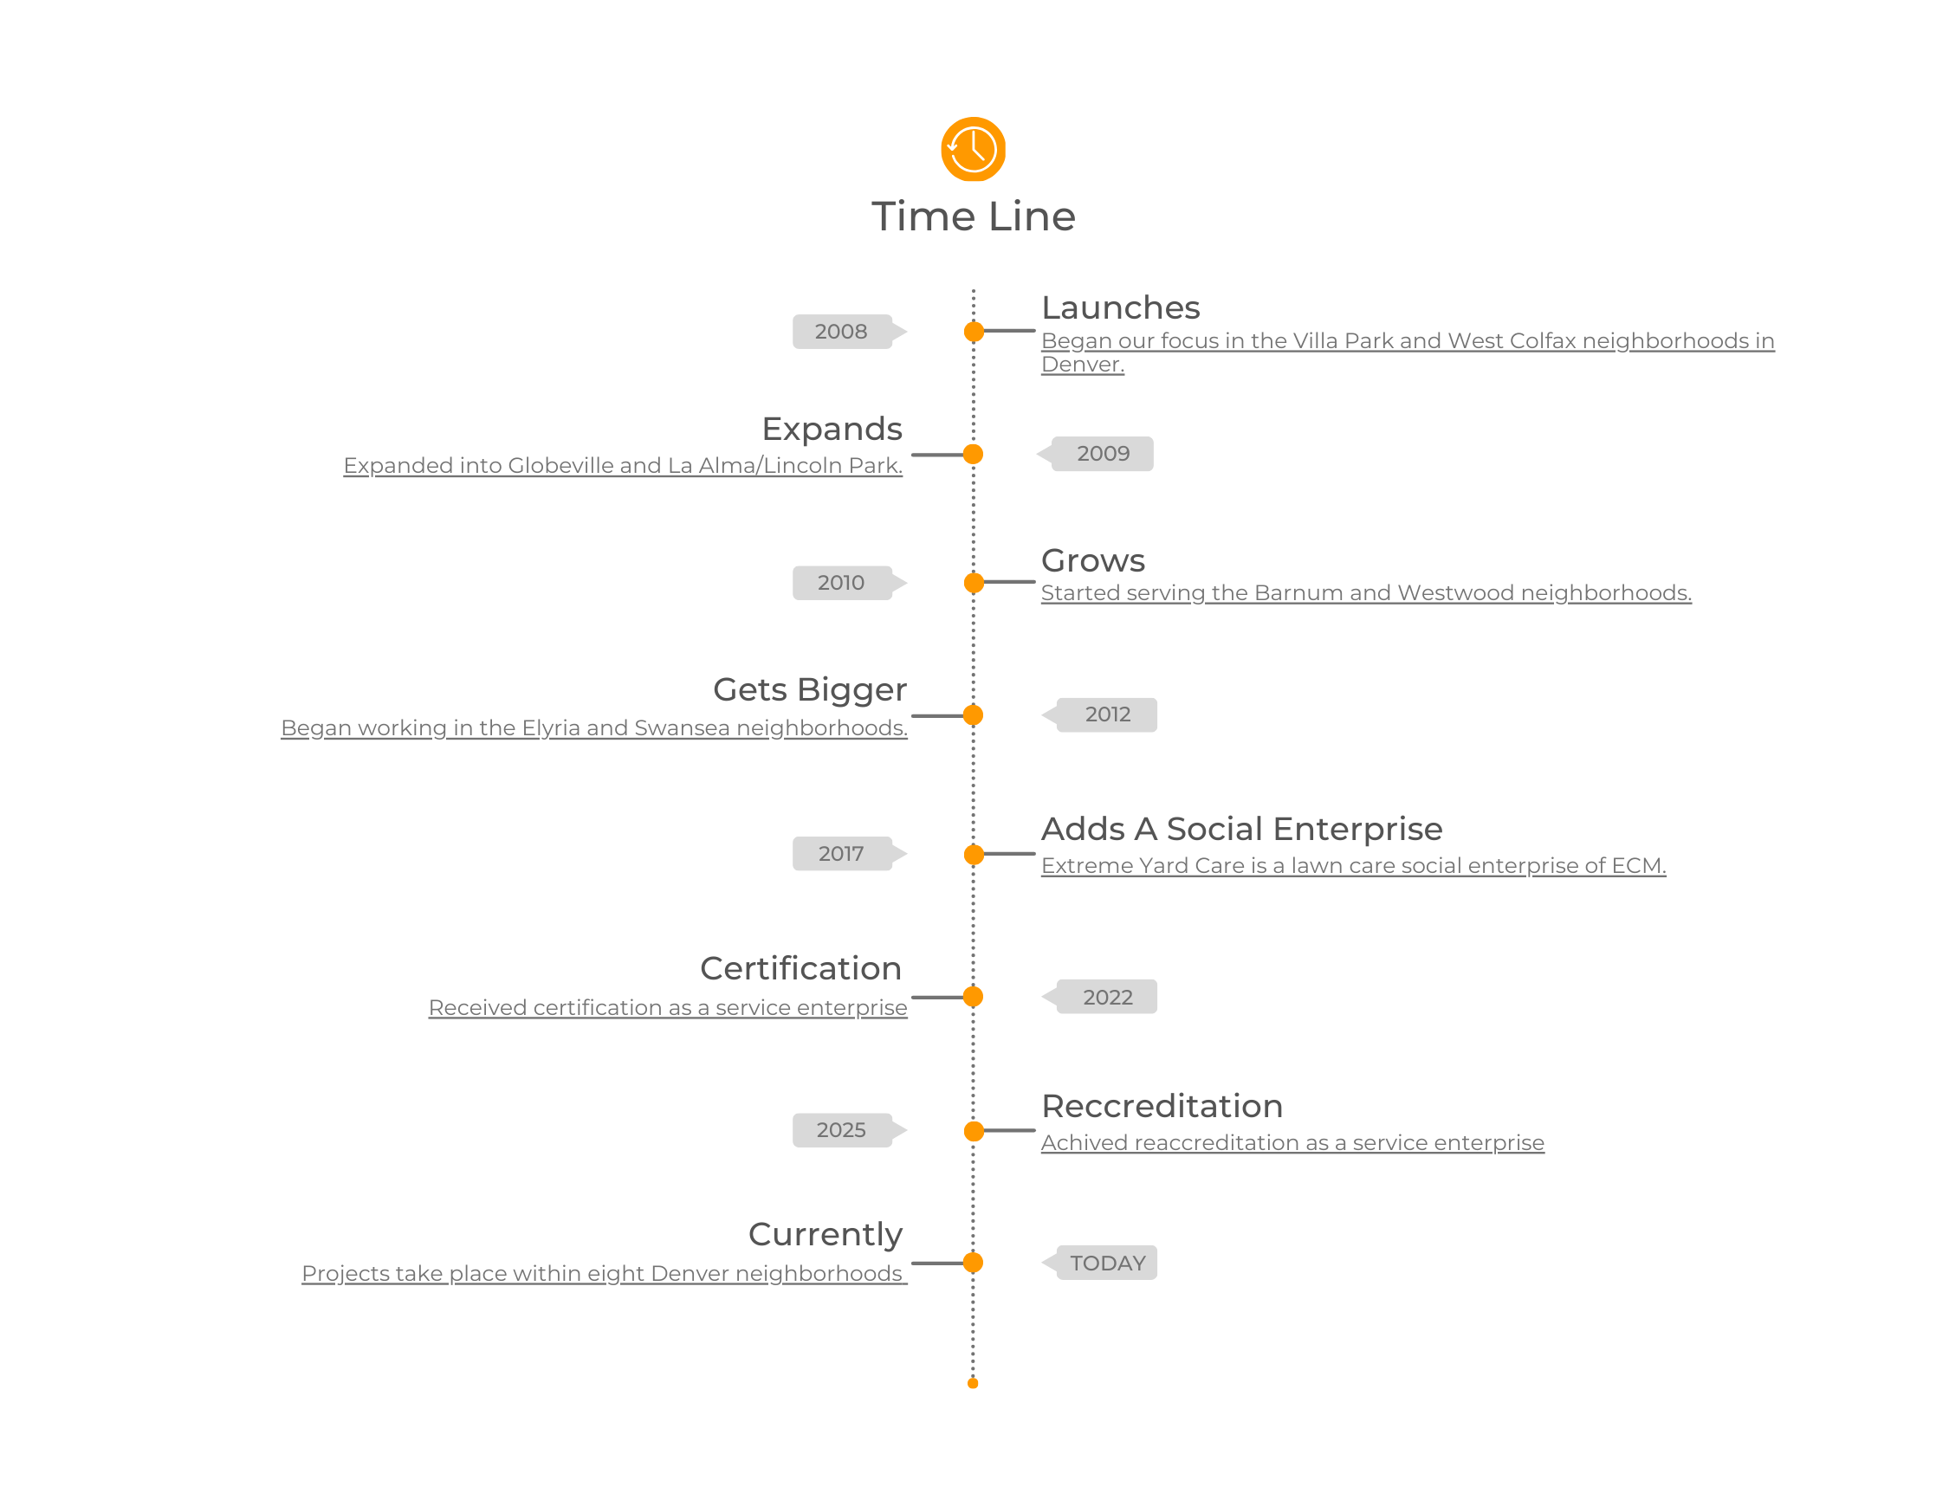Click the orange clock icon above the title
[x=973, y=149]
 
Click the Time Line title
[x=973, y=217]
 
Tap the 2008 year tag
[x=841, y=332]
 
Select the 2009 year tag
[x=1103, y=454]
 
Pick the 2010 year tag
[x=841, y=583]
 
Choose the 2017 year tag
[x=841, y=854]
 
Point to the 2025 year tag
[x=841, y=1129]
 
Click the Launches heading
[x=1120, y=307]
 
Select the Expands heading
[x=832, y=430]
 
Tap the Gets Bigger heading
[x=809, y=689]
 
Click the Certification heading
[x=800, y=968]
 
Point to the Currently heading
[x=826, y=1234]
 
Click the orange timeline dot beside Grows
[x=974, y=583]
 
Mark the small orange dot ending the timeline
[x=973, y=1384]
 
